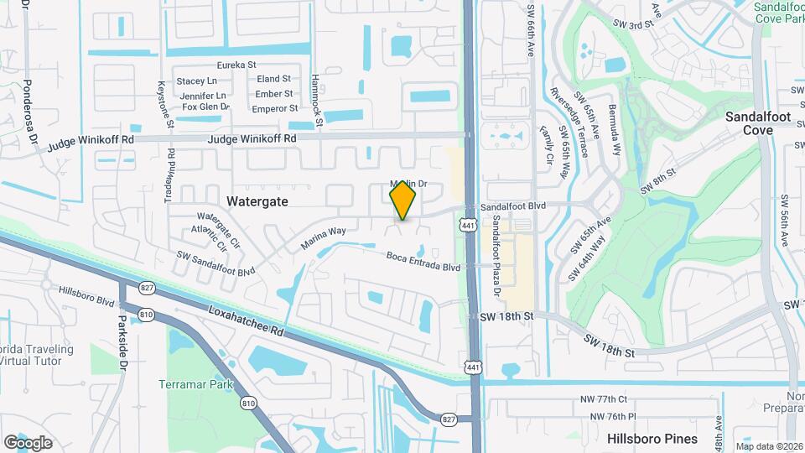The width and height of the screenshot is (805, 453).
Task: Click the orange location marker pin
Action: (x=402, y=200)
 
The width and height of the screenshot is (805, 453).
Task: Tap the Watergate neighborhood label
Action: (x=257, y=201)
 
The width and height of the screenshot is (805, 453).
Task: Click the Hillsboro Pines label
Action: (x=652, y=439)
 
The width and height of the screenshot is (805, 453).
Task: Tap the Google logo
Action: (x=28, y=442)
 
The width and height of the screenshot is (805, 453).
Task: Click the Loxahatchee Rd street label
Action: (x=247, y=322)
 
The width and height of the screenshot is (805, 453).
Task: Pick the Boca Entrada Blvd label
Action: (x=423, y=262)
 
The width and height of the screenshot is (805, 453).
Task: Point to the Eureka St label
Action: (x=236, y=65)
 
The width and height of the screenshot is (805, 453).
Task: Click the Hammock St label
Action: (x=316, y=101)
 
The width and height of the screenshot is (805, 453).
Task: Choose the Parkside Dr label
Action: (x=123, y=342)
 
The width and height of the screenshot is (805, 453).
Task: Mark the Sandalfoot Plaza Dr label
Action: (x=496, y=256)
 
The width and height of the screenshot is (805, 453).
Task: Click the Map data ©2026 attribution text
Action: (x=768, y=445)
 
